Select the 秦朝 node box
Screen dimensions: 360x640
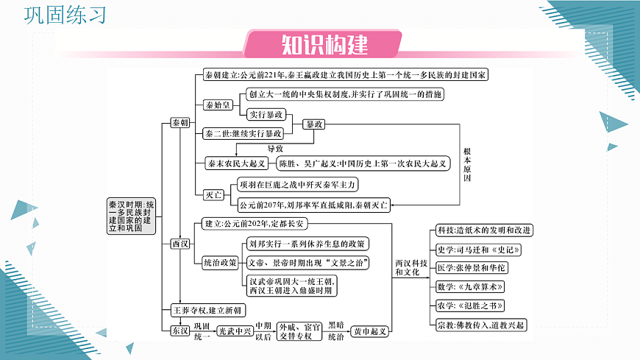[x=179, y=123]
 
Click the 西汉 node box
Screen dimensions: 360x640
[x=179, y=243]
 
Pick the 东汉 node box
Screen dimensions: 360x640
[x=179, y=331]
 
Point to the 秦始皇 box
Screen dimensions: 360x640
[x=218, y=105]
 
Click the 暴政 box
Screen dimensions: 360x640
[x=314, y=124]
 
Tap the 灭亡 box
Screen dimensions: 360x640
[x=213, y=194]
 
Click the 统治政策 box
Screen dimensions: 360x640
[x=220, y=262]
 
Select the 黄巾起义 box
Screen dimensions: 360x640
[x=370, y=331]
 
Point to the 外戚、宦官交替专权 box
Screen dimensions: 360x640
[x=301, y=331]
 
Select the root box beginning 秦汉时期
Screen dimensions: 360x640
[x=131, y=216]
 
